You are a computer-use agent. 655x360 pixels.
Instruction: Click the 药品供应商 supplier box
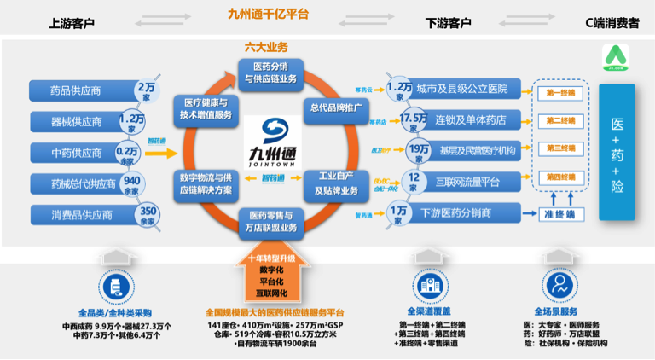tap(79, 90)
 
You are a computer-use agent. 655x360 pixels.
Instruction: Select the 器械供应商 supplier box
tap(79, 122)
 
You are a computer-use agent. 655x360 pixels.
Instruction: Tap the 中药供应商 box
tap(79, 153)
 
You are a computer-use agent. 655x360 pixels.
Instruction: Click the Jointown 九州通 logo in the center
tap(270, 141)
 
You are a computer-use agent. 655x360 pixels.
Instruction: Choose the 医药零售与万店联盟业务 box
tap(270, 221)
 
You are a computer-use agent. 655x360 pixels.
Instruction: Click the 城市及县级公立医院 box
tap(461, 89)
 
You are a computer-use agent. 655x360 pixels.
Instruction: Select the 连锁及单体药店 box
tap(461, 119)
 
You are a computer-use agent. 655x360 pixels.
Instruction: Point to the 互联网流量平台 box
tap(461, 181)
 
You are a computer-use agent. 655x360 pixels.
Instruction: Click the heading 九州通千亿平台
tap(269, 15)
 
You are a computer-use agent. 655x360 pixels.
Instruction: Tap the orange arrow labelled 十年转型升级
tap(270, 276)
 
